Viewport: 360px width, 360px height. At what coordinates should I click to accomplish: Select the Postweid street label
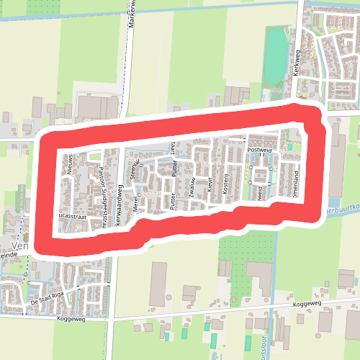tap(258, 150)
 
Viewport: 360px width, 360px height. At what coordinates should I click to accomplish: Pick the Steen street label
tap(132, 169)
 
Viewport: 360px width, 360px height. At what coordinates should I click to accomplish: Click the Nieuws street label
tap(70, 165)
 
